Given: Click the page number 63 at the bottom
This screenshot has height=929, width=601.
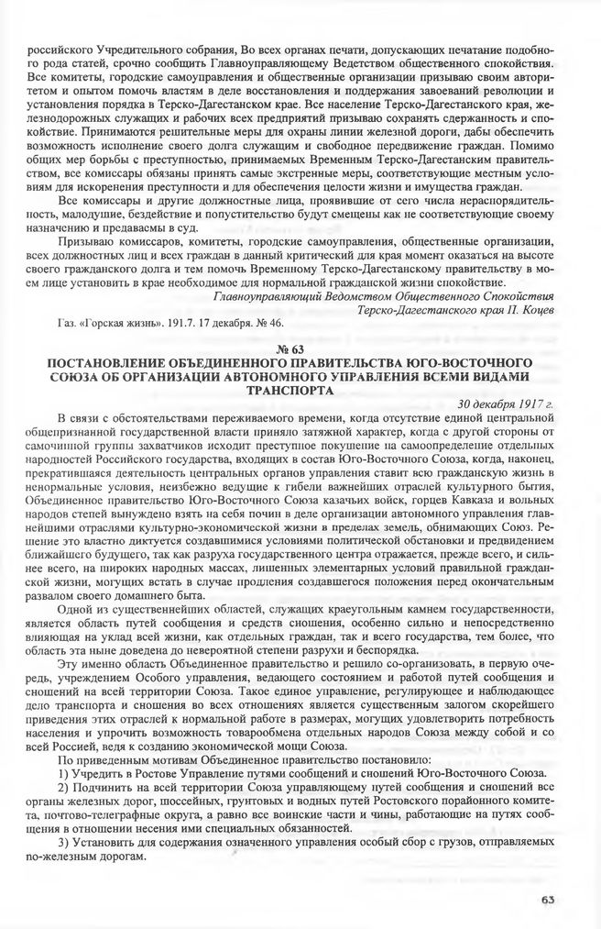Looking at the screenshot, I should pyautogui.click(x=548, y=899).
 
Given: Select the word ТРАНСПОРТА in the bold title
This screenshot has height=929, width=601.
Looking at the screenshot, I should pyautogui.click(x=300, y=389).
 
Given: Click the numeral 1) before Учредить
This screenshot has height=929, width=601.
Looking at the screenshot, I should pyautogui.click(x=63, y=773).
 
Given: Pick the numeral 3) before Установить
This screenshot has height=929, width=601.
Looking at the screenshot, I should pyautogui.click(x=63, y=841).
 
